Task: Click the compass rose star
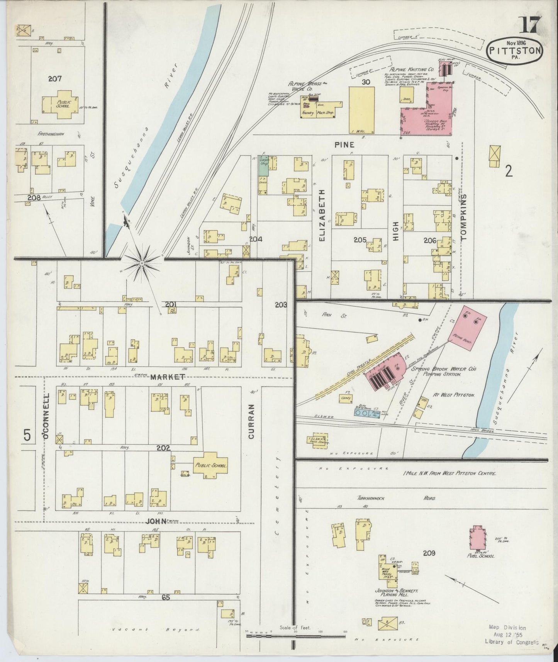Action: pyautogui.click(x=142, y=263)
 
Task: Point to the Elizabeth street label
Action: pyautogui.click(x=322, y=215)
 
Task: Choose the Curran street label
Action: pyautogui.click(x=251, y=421)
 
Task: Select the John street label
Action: pyautogui.click(x=156, y=521)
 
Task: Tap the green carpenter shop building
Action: pyautogui.click(x=263, y=166)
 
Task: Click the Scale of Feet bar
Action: pyautogui.click(x=296, y=634)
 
